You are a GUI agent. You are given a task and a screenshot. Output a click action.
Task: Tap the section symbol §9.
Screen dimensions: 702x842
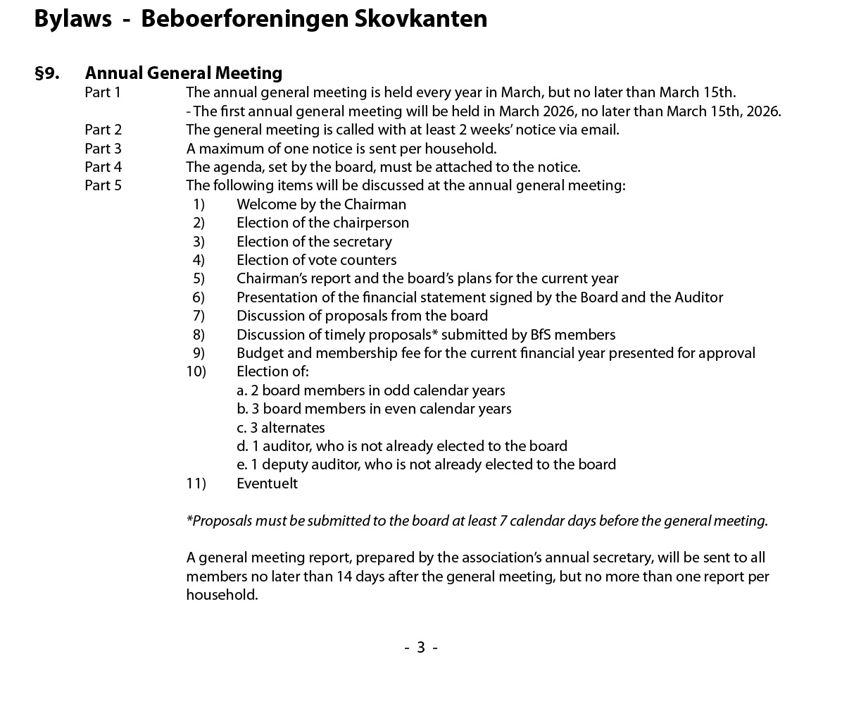(x=46, y=73)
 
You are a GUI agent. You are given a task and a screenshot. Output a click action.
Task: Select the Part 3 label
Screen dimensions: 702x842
(x=103, y=149)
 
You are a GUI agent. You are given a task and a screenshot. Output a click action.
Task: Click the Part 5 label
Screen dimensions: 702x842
(x=103, y=185)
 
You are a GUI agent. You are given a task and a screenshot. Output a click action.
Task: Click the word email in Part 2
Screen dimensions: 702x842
(x=599, y=130)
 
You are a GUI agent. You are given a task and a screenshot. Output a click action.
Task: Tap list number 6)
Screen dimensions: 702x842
(x=199, y=297)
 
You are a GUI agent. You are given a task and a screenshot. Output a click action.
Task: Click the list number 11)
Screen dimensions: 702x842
(x=196, y=484)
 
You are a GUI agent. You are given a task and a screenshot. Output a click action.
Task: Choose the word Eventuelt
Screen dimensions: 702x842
(x=267, y=484)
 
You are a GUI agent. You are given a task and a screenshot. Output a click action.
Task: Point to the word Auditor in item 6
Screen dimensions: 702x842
(x=698, y=297)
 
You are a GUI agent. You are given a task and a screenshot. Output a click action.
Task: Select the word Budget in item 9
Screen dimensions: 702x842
(x=258, y=353)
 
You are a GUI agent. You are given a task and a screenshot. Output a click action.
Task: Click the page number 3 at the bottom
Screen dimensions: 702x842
(x=421, y=647)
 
